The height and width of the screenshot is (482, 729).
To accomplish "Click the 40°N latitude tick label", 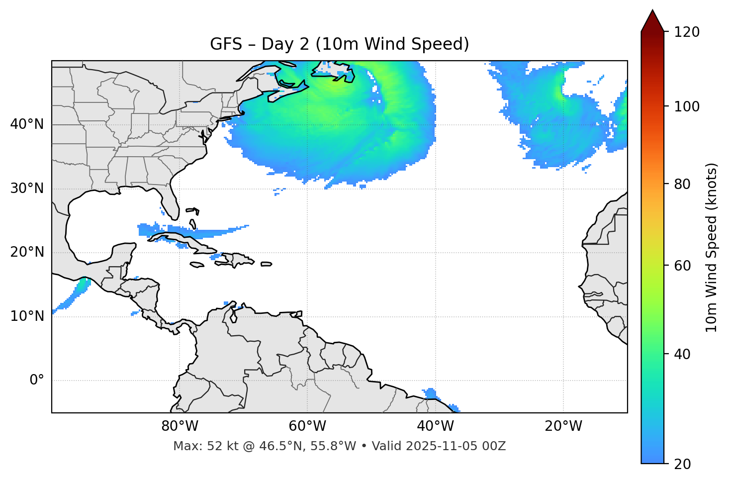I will [27, 124].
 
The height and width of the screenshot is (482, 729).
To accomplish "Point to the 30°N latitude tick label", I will [27, 189].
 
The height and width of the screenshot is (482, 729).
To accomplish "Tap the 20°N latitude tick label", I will [27, 252].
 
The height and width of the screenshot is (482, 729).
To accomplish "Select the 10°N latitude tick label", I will [27, 316].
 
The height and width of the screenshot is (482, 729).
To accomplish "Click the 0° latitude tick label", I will [37, 381].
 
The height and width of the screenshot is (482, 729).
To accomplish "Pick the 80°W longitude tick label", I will [180, 426].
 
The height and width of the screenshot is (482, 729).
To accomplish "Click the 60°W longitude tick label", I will [307, 426].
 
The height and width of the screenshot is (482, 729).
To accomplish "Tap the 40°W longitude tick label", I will [436, 426].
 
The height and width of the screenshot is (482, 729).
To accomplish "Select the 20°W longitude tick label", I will [563, 426].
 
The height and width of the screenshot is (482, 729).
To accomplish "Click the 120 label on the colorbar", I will [686, 32].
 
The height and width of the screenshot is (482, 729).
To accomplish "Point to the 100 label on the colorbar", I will [686, 106].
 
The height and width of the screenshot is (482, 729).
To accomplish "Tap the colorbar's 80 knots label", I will [682, 184].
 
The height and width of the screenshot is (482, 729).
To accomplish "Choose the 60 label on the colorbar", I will [682, 266].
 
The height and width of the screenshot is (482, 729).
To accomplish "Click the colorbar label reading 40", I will [682, 354].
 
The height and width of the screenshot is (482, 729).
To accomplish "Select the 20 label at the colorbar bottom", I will [682, 464].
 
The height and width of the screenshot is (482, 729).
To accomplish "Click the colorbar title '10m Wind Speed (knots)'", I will [712, 248].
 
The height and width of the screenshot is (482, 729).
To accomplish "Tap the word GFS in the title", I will [223, 44].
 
